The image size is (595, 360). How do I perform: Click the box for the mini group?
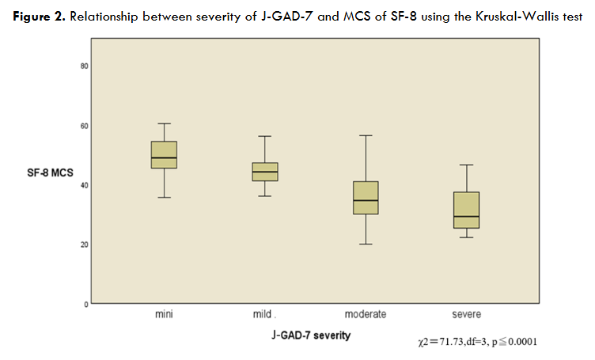164,154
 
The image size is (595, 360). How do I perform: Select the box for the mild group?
265,172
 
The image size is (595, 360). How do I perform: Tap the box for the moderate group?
366,198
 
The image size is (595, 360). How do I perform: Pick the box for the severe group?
467,210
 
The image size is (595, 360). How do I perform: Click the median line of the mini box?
164,158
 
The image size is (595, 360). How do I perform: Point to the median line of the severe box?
467,217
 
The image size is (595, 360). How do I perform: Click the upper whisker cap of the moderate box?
366,135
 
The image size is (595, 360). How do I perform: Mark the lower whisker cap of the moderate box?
366,244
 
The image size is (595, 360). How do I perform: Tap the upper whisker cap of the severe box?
467,165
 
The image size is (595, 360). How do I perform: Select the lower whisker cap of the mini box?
164,197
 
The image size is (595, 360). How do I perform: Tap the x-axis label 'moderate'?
366,315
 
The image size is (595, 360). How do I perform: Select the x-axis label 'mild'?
263,315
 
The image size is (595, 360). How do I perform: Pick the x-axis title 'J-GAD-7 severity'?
306,335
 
